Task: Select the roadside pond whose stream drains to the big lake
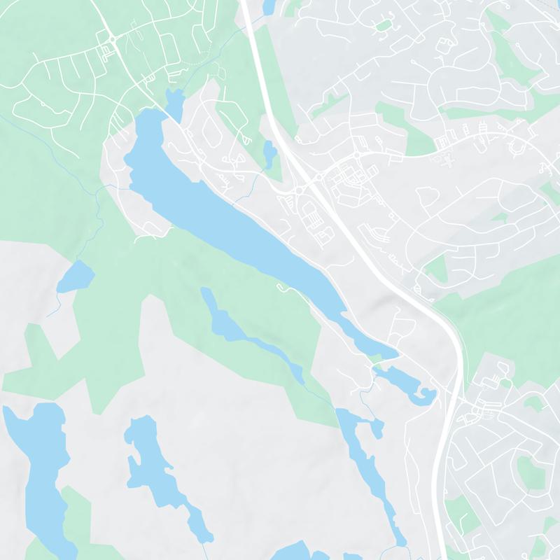pos(269,150)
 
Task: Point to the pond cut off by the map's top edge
pos(268,6)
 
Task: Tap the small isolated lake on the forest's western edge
pos(76,276)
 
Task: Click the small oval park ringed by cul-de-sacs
pos(383,26)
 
